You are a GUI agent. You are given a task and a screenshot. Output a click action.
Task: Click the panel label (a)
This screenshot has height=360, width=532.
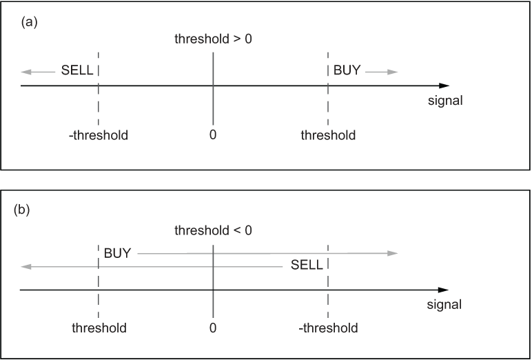click(29, 23)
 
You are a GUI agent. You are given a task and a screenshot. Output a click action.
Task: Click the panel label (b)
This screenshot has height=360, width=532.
click(22, 210)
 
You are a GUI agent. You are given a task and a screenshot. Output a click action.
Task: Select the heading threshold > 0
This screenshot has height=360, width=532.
click(213, 39)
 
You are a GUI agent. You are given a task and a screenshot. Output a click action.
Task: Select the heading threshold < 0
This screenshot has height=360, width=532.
click(213, 230)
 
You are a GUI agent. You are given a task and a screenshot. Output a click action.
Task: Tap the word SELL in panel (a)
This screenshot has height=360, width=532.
click(77, 70)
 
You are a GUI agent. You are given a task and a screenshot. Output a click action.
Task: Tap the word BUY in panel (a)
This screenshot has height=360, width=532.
click(347, 70)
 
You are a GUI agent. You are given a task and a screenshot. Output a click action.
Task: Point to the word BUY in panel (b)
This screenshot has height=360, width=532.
click(117, 253)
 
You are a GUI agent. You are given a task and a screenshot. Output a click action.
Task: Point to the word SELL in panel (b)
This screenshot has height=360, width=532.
click(307, 265)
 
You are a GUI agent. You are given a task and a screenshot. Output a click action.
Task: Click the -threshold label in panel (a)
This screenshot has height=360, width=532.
click(99, 135)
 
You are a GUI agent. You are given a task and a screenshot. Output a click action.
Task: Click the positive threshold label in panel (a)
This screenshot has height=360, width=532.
click(328, 135)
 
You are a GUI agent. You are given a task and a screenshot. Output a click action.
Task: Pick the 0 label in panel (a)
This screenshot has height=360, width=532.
click(213, 135)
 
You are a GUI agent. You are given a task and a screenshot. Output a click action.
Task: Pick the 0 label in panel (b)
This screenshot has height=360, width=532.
click(213, 328)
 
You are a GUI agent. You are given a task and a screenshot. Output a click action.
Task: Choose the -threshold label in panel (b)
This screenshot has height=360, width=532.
click(328, 328)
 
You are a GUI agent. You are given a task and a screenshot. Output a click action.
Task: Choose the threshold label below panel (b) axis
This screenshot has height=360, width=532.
click(99, 328)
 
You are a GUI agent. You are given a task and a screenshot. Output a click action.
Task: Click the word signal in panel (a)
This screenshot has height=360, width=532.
click(445, 101)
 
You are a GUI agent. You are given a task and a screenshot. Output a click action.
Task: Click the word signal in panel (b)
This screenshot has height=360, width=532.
click(444, 305)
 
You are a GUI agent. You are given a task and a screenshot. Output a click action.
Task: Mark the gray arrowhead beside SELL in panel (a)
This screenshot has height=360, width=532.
click(26, 72)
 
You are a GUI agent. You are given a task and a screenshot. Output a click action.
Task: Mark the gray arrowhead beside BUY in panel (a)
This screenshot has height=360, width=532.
click(393, 72)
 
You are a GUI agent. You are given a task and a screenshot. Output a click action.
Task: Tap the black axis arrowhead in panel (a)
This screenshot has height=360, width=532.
click(444, 86)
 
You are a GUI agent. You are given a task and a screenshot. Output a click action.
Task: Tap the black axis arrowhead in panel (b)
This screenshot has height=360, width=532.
click(443, 290)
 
